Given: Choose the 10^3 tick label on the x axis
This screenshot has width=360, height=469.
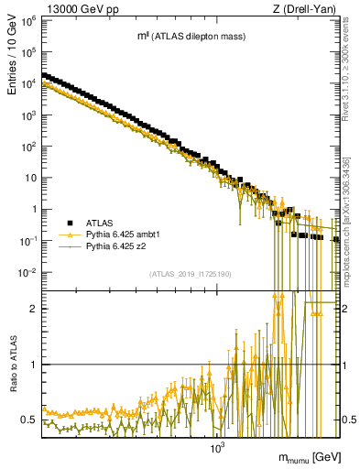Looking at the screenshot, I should coord(217,449).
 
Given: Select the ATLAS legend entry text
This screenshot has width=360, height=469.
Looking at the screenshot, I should coord(101,223).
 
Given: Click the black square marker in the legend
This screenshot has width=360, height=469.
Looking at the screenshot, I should coord(70,223).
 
